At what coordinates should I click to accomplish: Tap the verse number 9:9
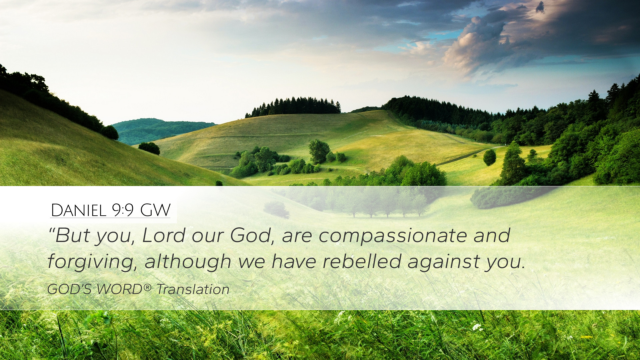(123, 210)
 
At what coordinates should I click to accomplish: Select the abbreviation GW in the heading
(155, 210)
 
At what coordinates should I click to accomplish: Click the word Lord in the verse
(164, 235)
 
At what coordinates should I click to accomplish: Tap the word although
(188, 262)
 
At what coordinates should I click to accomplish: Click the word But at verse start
(72, 235)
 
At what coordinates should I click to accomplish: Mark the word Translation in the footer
(193, 289)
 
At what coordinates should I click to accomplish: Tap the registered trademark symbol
(148, 287)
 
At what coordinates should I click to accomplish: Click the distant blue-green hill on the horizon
(160, 131)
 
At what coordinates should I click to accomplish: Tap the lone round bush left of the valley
(149, 148)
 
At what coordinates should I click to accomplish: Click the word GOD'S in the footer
(69, 289)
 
